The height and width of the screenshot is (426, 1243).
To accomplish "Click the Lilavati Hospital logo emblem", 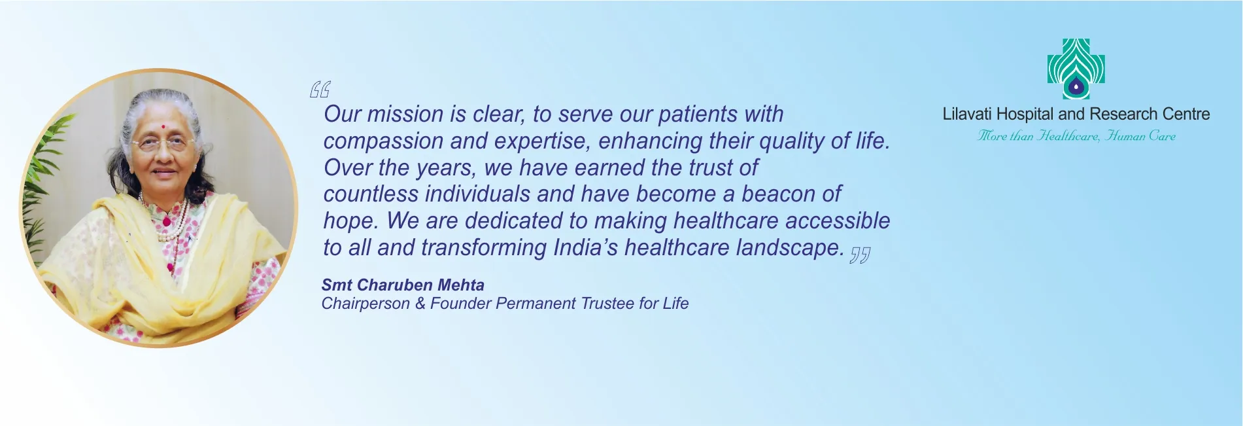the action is coord(1076,69).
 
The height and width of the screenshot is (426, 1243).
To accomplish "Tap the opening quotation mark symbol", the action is coord(320,89).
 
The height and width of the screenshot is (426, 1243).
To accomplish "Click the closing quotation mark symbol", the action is coord(860,255).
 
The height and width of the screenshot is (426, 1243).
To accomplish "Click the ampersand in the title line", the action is coord(420,304).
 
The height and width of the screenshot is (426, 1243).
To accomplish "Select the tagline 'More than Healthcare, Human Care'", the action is coord(1076,136).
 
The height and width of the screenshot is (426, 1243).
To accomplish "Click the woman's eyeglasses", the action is coord(163,143).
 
